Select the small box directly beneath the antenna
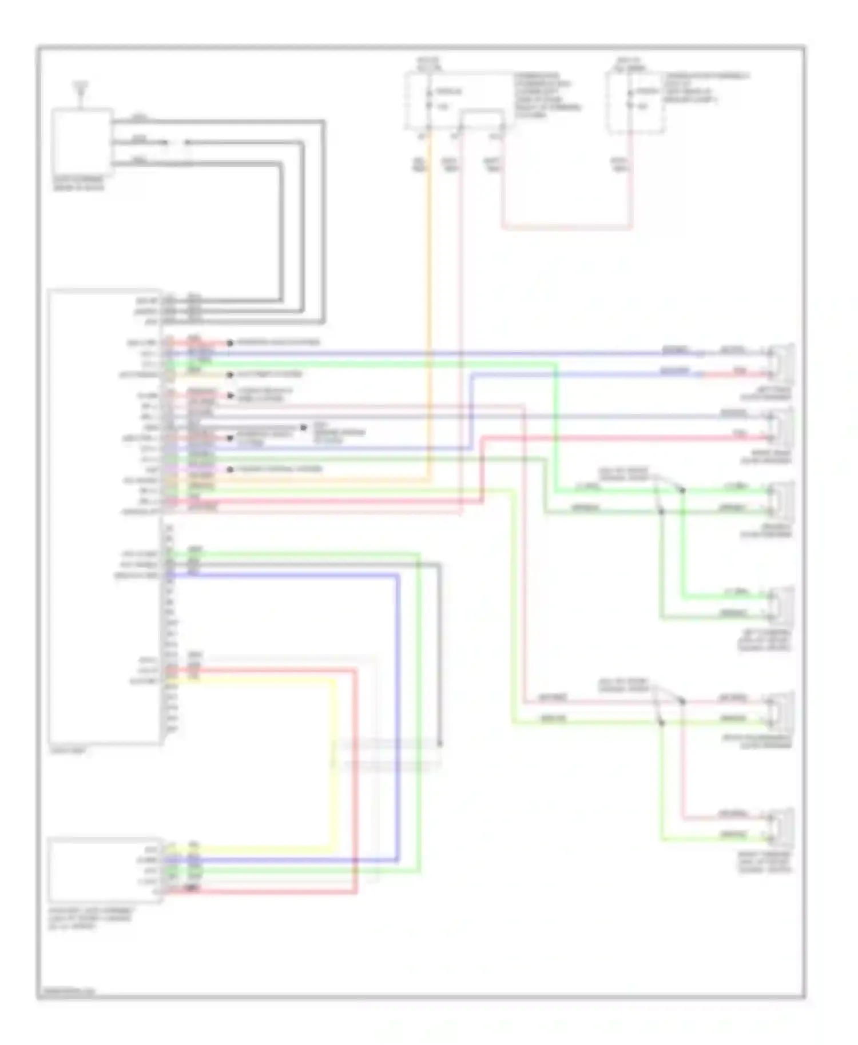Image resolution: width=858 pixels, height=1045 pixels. (x=82, y=140)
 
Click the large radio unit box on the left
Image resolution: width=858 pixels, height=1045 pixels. (x=104, y=514)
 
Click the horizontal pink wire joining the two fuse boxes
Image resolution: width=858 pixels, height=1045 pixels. (x=566, y=228)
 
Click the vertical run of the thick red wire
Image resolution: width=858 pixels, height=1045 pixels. (x=355, y=783)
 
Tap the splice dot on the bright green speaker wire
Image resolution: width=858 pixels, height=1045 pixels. (x=682, y=490)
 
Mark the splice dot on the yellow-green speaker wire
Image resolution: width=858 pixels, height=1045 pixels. (x=661, y=722)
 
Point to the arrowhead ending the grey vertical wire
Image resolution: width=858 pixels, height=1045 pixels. (x=439, y=744)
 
